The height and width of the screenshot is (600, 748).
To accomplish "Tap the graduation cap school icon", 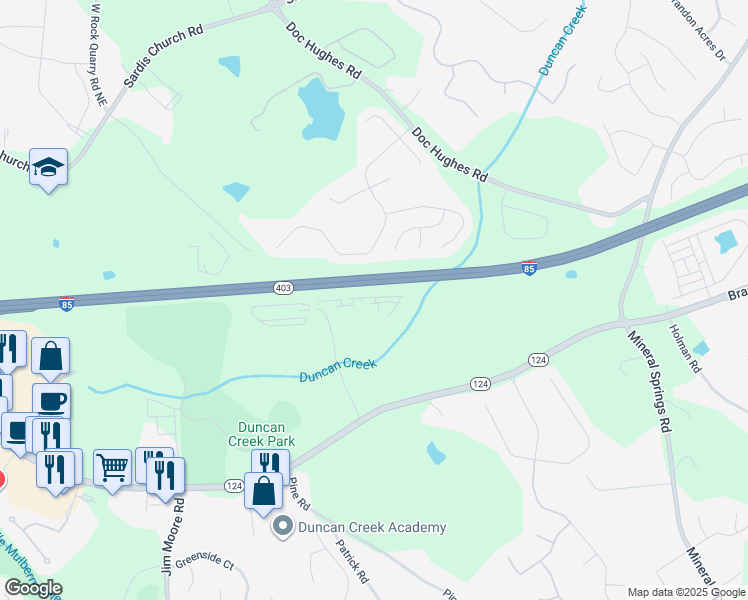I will [47, 167].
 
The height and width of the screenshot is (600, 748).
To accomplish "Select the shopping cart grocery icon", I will [113, 467].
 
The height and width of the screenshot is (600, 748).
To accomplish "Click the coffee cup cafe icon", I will [51, 401].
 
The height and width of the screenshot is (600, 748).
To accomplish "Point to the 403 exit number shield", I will [283, 288].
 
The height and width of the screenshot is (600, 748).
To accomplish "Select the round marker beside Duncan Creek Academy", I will [283, 526].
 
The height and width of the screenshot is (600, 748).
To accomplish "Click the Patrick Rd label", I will [352, 562].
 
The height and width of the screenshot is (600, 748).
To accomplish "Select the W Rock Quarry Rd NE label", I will [98, 55].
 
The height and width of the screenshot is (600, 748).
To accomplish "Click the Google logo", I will [33, 588].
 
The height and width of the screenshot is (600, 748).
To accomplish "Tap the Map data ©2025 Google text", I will [686, 592].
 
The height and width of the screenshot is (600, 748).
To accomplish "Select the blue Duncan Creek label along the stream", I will [338, 370].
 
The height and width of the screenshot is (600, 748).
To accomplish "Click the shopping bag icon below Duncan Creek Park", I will [264, 492].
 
